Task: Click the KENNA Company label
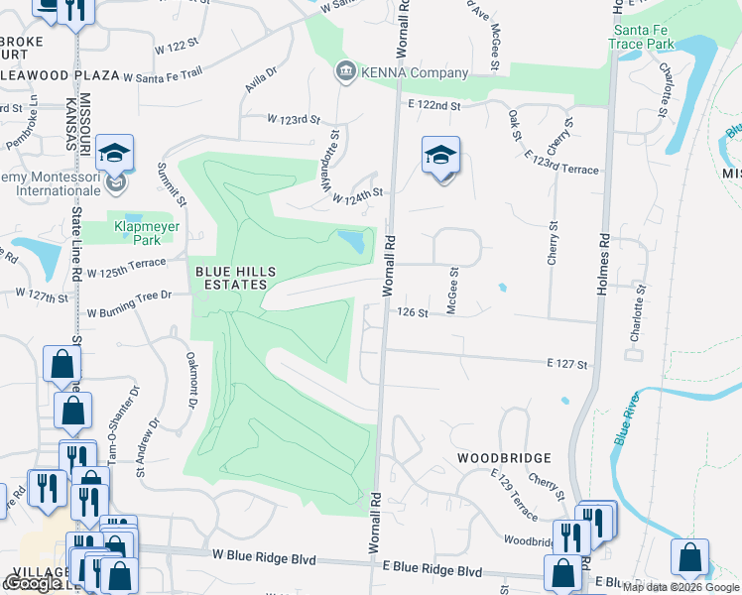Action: coord(414,72)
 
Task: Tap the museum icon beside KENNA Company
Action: coord(344,71)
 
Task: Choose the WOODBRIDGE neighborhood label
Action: coord(504,459)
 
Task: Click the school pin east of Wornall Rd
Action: coord(441,157)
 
